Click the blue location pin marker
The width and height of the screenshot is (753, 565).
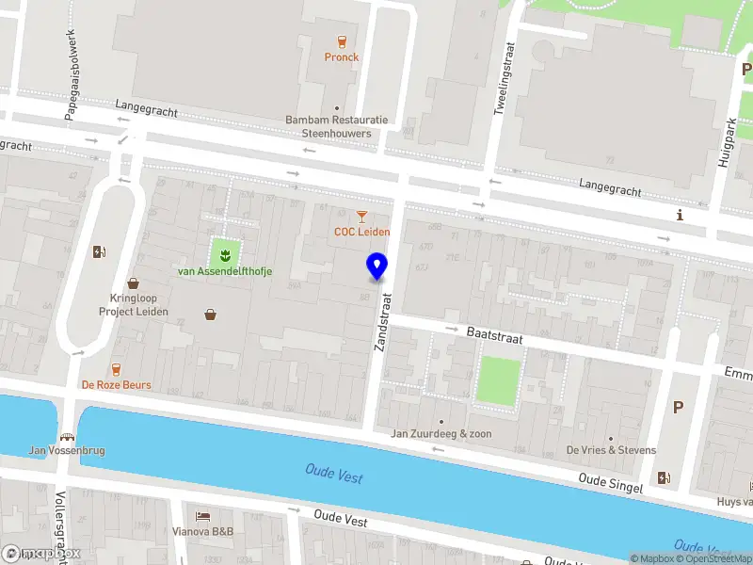click(x=377, y=266)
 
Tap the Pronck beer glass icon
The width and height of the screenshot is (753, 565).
click(x=342, y=40)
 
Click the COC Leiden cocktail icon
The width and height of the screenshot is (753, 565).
click(x=361, y=217)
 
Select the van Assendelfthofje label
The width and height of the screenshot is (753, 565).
click(x=226, y=271)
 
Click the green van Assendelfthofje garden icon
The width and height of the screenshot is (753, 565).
click(x=224, y=251)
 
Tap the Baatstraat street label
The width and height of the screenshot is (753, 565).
click(x=494, y=334)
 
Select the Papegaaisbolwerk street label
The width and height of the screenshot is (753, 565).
click(x=70, y=62)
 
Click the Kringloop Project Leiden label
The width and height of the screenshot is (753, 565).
click(x=133, y=304)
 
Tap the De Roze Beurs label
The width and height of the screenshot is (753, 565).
click(x=116, y=385)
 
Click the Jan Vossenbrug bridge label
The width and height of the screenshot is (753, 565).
click(x=66, y=450)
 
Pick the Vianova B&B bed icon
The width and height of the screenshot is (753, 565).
click(x=203, y=516)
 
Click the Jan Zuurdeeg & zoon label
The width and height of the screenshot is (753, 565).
click(x=441, y=434)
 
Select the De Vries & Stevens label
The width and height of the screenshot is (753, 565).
click(x=611, y=450)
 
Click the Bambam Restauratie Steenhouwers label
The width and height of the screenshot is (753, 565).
click(x=337, y=127)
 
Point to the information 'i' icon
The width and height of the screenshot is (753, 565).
click(x=680, y=216)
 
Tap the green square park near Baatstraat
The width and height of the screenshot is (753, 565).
click(x=498, y=381)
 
